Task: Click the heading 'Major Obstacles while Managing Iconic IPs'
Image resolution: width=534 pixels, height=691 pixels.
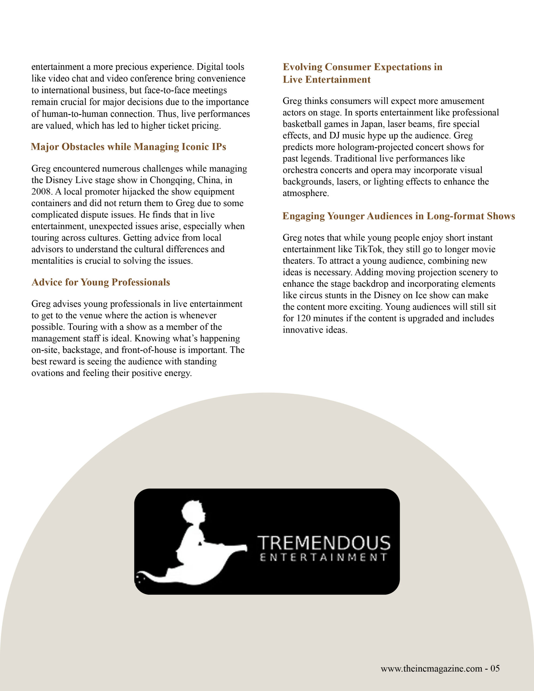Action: [129, 147]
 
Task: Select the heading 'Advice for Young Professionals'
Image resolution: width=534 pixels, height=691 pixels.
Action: [101, 282]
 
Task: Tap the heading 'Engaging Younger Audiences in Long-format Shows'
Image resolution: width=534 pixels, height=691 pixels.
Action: [398, 216]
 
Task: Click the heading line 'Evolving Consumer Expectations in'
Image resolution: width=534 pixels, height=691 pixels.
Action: [363, 67]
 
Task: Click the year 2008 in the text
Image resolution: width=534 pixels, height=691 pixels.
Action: [42, 192]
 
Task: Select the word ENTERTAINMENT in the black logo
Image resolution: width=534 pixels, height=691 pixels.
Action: [323, 557]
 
